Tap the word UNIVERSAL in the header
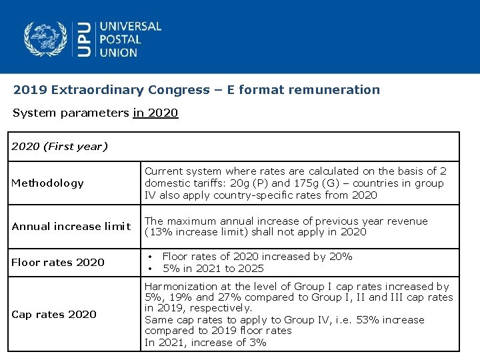point(130,27)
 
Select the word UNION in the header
point(119,52)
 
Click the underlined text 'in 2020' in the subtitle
point(156,113)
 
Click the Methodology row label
point(48,183)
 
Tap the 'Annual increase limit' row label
point(71,227)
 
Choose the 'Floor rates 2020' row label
point(58,263)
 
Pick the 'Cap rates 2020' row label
point(54,314)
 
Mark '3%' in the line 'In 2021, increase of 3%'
point(257,343)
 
